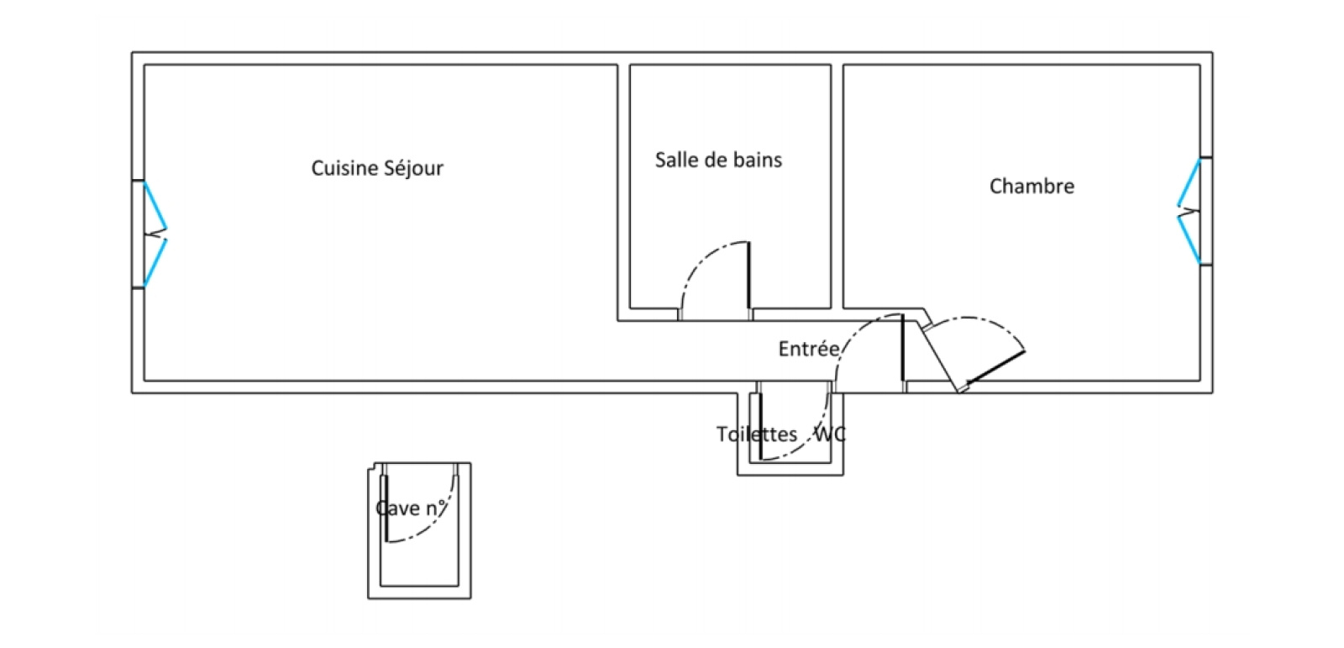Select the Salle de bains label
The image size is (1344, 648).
pos(718,160)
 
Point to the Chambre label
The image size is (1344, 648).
pos(1032,187)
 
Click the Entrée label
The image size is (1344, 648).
pos(809,348)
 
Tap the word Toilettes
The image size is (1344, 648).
pos(757,434)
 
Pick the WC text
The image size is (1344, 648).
pos(831,434)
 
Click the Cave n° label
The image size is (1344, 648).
pos(411,508)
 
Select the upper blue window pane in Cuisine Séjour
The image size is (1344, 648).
pos(155,205)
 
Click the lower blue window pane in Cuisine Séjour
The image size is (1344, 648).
pos(155,263)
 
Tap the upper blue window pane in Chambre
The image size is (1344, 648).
pos(1189,182)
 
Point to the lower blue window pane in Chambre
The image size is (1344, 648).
pos(1189,240)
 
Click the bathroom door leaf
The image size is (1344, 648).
pos(748,275)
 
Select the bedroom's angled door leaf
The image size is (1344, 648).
pos(995,367)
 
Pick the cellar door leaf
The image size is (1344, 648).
pos(386,508)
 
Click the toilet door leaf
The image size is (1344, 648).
pos(759,426)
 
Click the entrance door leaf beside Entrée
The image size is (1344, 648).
pos(902,348)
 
